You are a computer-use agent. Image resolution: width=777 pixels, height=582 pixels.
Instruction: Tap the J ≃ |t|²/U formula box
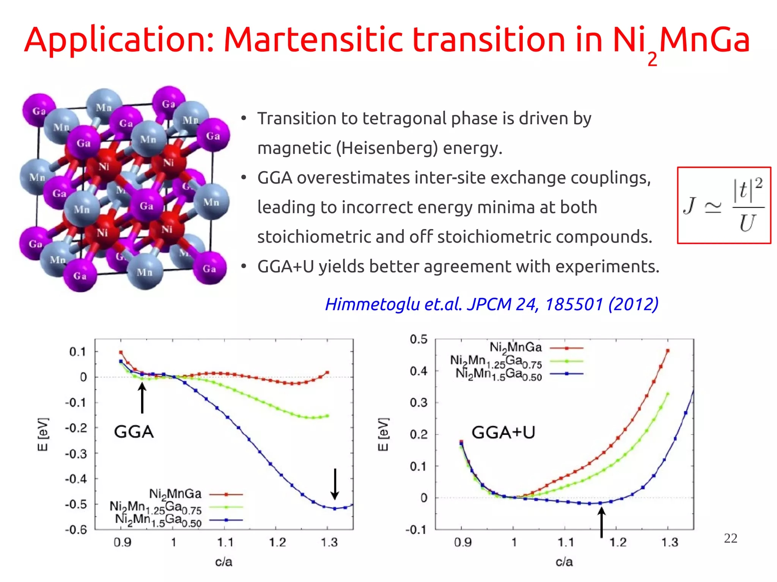[x=724, y=205]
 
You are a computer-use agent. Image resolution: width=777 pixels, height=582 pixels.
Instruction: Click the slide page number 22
[x=730, y=538]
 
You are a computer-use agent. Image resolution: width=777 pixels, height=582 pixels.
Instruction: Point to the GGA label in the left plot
[x=134, y=432]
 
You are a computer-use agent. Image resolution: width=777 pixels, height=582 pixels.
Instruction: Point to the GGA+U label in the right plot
[x=503, y=433]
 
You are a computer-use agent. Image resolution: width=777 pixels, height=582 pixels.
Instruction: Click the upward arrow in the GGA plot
[x=142, y=398]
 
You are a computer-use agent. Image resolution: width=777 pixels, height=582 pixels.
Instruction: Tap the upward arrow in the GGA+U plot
[x=601, y=522]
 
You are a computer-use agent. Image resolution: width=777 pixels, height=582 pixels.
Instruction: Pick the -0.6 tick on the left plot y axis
[x=76, y=530]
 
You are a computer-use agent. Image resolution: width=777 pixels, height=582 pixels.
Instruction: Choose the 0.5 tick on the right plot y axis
[x=418, y=339]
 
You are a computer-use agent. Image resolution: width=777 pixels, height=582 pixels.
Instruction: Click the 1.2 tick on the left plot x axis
[x=277, y=543]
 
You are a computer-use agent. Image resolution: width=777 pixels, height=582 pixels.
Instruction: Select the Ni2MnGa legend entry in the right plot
[x=515, y=347]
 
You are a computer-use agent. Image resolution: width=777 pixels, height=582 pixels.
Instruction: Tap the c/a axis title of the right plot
[x=564, y=562]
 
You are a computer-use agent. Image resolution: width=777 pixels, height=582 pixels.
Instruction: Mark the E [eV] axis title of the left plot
[x=43, y=435]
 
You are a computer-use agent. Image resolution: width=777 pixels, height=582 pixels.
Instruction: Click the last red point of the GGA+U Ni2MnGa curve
[x=668, y=351]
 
